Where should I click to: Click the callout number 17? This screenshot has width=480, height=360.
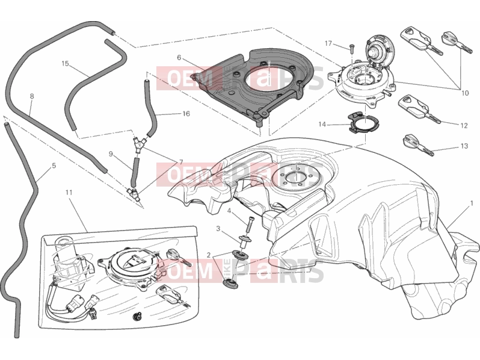[x=328, y=43]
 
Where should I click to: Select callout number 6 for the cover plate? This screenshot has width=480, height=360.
[x=179, y=58]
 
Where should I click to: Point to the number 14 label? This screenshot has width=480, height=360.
[x=322, y=125]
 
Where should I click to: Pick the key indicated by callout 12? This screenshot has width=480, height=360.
[x=419, y=110]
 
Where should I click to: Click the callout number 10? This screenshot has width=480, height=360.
[x=465, y=93]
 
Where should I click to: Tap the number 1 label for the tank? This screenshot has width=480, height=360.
[x=472, y=203]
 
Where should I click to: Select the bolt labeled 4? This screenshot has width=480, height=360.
[x=250, y=225]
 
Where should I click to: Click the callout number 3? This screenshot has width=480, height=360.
[x=218, y=229]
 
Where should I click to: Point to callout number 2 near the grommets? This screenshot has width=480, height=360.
[x=209, y=255]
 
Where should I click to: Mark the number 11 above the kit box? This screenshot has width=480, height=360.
[x=69, y=193]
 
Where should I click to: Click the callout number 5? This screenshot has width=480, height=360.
[x=54, y=166]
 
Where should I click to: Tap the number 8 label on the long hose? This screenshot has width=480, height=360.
[x=32, y=96]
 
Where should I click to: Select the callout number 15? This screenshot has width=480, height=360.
[x=65, y=63]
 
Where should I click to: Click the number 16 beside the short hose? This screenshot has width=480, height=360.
[x=186, y=114]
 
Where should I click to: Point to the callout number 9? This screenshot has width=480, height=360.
[x=111, y=154]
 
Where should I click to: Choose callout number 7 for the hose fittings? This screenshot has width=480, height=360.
[x=181, y=162]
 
